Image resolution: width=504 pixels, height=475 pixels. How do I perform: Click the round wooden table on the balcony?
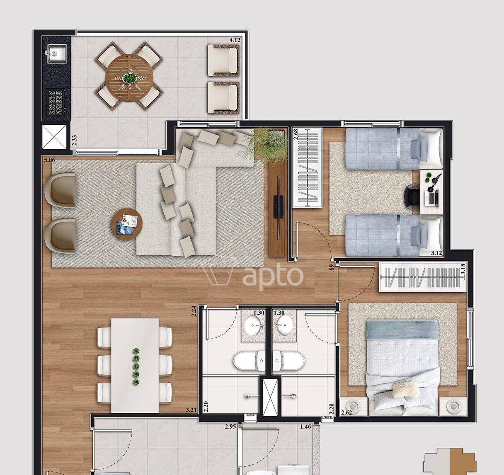(129, 77)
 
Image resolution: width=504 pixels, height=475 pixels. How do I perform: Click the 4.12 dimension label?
(235, 40)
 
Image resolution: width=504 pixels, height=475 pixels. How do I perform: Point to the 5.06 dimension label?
(49, 160)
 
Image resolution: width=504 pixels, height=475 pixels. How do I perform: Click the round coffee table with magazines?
(127, 224)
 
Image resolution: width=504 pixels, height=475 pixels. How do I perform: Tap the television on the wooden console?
(279, 207)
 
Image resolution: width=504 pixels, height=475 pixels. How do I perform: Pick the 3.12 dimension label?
(436, 253)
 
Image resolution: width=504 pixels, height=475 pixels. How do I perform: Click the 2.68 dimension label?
(296, 134)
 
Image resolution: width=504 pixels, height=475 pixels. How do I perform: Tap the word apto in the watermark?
(273, 275)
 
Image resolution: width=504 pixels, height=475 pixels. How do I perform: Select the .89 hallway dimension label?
(332, 268)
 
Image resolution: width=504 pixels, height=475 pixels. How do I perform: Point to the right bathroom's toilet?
(288, 361)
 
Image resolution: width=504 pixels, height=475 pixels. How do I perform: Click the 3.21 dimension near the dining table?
(191, 410)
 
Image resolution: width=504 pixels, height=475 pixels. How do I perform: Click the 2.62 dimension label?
(346, 412)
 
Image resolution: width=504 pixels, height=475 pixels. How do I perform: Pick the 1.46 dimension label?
(305, 427)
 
